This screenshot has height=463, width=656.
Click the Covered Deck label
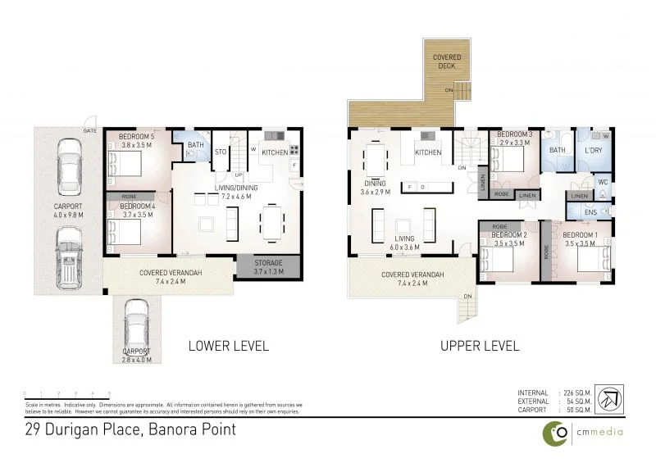pyautogui.click(x=447, y=61)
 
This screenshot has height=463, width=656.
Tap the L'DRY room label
pyautogui.click(x=594, y=151)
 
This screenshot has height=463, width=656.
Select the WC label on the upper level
pyautogui.click(x=602, y=182)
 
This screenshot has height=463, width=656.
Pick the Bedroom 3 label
pyautogui.click(x=516, y=134)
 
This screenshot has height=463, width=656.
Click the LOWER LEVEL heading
pyautogui.click(x=229, y=346)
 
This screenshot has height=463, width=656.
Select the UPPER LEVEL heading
pyautogui.click(x=480, y=346)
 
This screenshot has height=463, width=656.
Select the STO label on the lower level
pyautogui.click(x=220, y=152)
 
